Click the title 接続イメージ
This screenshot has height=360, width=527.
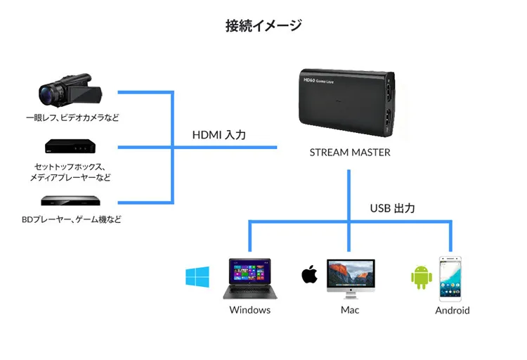(263, 26)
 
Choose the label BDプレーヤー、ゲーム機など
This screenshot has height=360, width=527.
(71, 219)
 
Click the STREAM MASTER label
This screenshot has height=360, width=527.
(349, 152)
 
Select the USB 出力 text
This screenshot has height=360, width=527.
(393, 208)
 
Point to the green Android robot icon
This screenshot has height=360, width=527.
(420, 276)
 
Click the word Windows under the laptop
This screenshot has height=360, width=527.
(249, 310)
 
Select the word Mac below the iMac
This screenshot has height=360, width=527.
(349, 310)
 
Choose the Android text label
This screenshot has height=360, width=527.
(452, 311)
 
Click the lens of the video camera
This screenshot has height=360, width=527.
(48, 92)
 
